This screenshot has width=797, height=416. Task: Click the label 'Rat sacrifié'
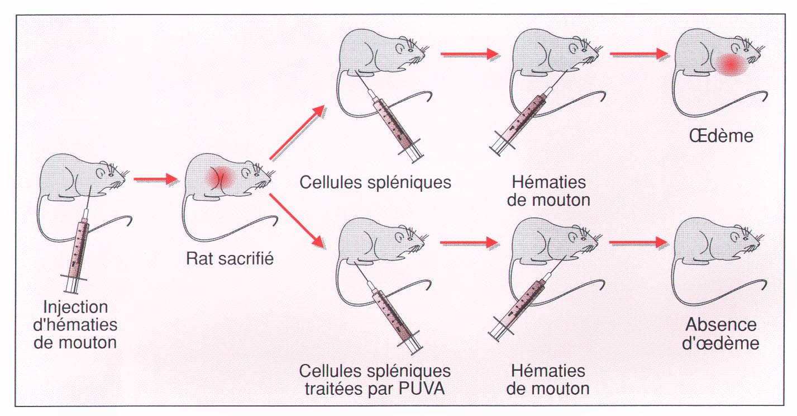point(230,259)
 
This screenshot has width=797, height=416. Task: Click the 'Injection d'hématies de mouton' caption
point(75,324)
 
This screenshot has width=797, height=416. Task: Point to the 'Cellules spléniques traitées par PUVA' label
point(375,380)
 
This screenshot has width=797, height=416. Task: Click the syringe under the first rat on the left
point(78,249)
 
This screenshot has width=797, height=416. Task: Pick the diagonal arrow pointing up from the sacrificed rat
point(297,133)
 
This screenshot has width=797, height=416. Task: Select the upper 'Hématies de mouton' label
point(548,191)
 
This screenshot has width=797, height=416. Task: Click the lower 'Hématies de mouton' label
point(548,379)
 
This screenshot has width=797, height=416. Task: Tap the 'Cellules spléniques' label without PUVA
point(375,182)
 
